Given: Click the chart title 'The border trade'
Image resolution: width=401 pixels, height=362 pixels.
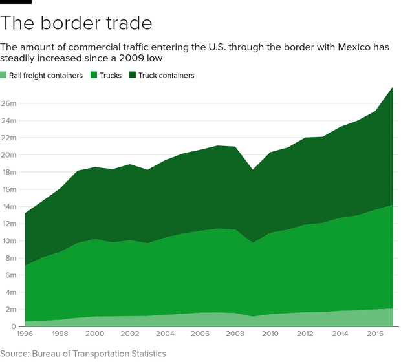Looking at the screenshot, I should coord(76,24).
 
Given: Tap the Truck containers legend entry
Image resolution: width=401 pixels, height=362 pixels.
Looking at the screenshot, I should coord(166,76).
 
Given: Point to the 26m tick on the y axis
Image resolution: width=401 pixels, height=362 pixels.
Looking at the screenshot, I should coord(8,103).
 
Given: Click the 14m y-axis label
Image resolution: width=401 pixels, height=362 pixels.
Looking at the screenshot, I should coord(8,206).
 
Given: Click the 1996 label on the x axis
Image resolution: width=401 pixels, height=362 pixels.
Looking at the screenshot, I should coord(25,334).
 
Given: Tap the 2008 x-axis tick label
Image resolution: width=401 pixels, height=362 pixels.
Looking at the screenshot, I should coord(234,334).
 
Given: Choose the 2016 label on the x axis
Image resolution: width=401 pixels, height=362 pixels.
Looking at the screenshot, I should coord(374,334).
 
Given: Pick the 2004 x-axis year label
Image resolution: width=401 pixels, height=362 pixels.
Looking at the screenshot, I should coord(164,334).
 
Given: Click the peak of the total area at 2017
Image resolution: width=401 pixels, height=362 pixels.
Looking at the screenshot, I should coord(392,87).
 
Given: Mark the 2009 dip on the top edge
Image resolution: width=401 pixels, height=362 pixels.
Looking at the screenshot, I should coord(252,170).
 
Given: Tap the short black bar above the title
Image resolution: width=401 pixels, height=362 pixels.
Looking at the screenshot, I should coord(16,3).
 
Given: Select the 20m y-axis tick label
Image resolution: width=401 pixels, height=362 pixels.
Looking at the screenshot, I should coord(8,155).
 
